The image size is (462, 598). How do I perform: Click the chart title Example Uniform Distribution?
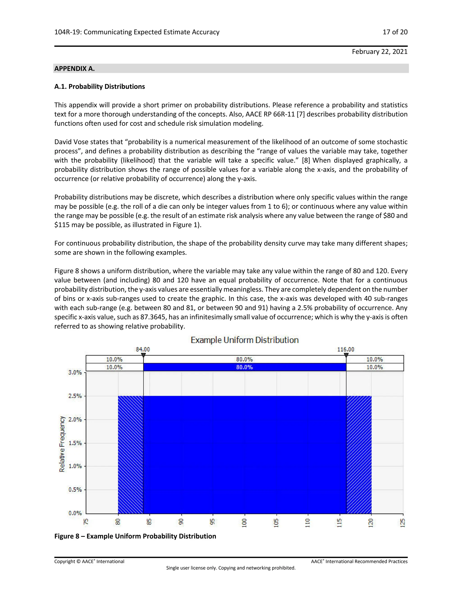tap(244, 340)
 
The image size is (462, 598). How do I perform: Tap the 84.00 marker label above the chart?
tap(143, 349)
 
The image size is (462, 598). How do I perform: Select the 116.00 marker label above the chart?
tap(345, 349)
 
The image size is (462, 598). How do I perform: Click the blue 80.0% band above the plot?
tap(244, 367)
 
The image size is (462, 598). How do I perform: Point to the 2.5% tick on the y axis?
tap(75, 396)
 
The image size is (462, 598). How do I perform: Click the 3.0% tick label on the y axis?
tap(75, 372)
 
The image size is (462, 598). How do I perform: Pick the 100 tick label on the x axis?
tap(244, 523)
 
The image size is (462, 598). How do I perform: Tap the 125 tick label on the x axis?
tap(402, 523)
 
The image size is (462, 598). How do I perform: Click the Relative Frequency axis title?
tap(62, 444)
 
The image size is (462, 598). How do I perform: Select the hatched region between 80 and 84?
tap(131, 454)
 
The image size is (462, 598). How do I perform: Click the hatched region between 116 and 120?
tap(359, 454)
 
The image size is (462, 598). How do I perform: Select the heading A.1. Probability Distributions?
tap(100, 86)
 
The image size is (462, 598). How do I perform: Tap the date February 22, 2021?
tap(380, 52)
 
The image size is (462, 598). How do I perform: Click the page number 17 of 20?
tap(395, 32)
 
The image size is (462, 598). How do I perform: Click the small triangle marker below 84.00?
tap(143, 355)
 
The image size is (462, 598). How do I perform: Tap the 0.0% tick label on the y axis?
tap(75, 513)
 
